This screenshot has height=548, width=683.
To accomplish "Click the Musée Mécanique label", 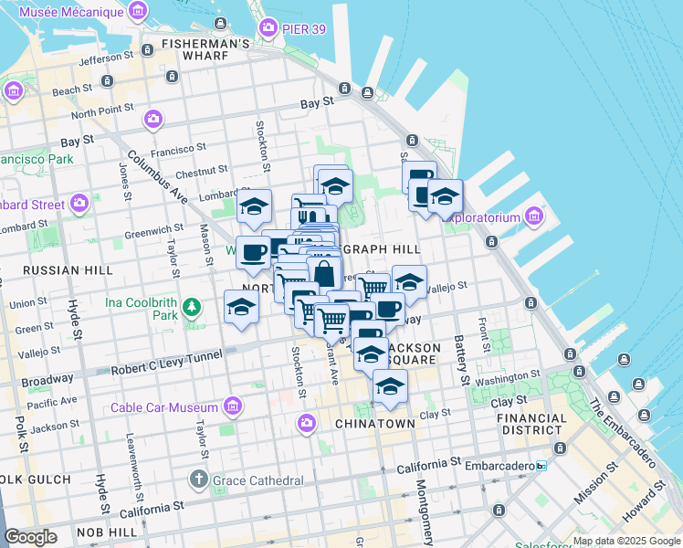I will click(x=71, y=12).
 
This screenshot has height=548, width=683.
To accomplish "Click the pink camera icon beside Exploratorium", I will click(x=533, y=217).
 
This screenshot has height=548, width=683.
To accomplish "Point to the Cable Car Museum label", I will click(x=163, y=406).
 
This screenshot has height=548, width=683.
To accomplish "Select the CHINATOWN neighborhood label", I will click(x=375, y=424).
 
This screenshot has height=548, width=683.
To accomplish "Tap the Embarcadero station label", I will click(x=502, y=465).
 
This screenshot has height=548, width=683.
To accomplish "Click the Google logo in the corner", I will click(x=30, y=537).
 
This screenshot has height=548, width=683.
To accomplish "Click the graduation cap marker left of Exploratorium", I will click(x=445, y=196).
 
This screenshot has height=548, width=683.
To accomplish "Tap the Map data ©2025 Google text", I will click(x=626, y=541).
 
